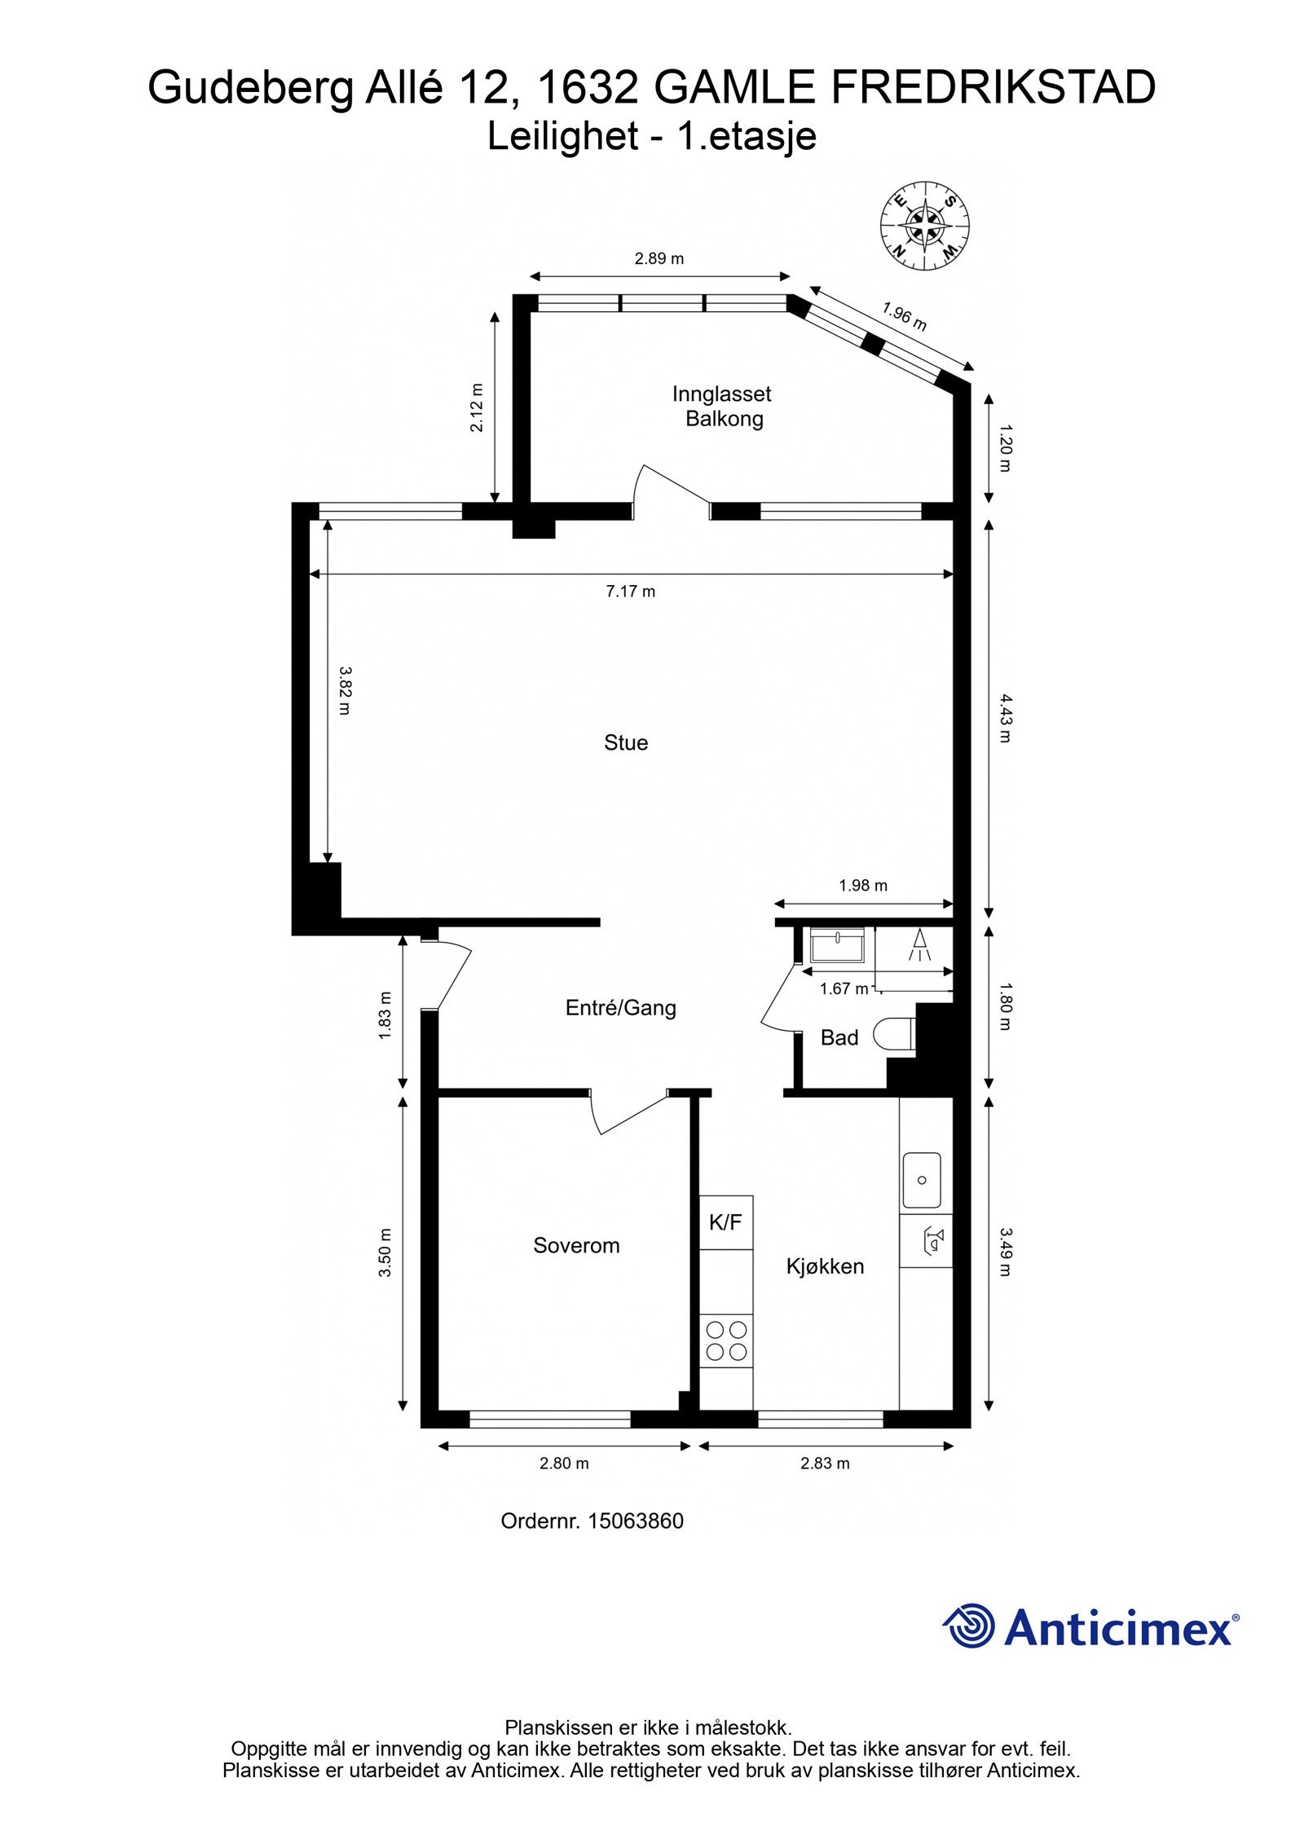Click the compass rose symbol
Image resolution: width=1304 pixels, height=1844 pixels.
click(924, 225)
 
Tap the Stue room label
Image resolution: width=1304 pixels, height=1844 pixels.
click(626, 742)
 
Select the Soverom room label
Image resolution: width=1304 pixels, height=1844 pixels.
click(576, 1245)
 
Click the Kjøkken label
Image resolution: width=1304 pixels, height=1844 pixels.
click(825, 1266)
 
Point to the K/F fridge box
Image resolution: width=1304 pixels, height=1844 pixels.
click(725, 1222)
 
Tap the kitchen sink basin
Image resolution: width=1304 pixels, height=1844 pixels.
click(922, 1180)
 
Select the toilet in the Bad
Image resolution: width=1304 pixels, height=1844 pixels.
click(893, 1036)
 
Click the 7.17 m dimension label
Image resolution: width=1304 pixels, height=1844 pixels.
click(630, 592)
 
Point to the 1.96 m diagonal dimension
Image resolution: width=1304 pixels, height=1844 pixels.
click(904, 316)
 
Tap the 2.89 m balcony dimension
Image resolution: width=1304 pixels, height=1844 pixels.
click(659, 259)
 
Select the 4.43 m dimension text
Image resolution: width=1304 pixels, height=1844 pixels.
click(1004, 718)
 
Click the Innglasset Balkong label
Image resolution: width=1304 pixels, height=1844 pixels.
click(721, 406)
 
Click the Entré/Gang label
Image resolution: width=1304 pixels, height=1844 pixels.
click(621, 1008)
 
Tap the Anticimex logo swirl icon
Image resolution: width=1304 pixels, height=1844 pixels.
click(969, 1626)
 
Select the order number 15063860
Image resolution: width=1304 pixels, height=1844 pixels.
click(636, 1521)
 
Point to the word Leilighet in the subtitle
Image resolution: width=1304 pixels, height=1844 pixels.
click(562, 136)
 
